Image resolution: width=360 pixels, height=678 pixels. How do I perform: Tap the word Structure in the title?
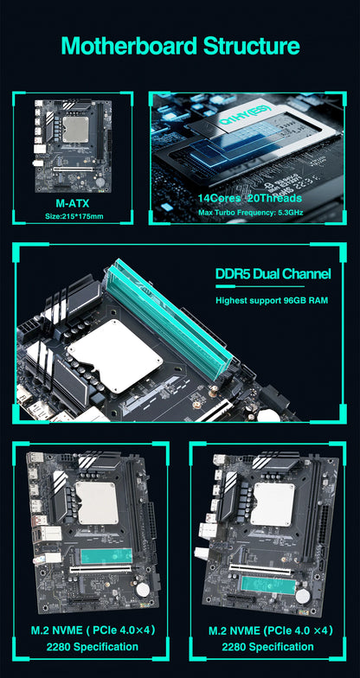(250, 46)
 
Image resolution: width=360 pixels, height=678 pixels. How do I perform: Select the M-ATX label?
(73, 202)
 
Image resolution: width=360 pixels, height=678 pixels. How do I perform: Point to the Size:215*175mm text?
(73, 215)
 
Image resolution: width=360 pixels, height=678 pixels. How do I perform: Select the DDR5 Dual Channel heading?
(273, 275)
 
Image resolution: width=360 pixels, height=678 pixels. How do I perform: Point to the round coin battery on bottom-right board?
(303, 595)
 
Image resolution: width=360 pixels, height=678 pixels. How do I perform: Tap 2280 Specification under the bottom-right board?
(267, 646)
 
